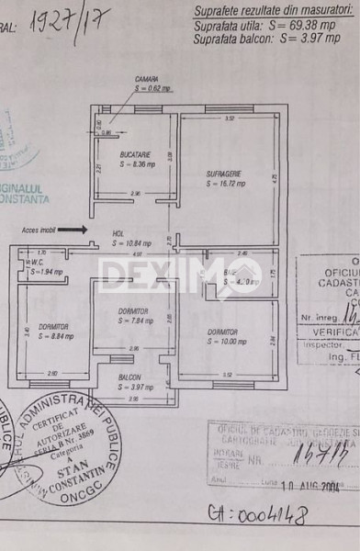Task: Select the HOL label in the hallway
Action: (118, 233)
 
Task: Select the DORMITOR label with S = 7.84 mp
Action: (133, 311)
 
